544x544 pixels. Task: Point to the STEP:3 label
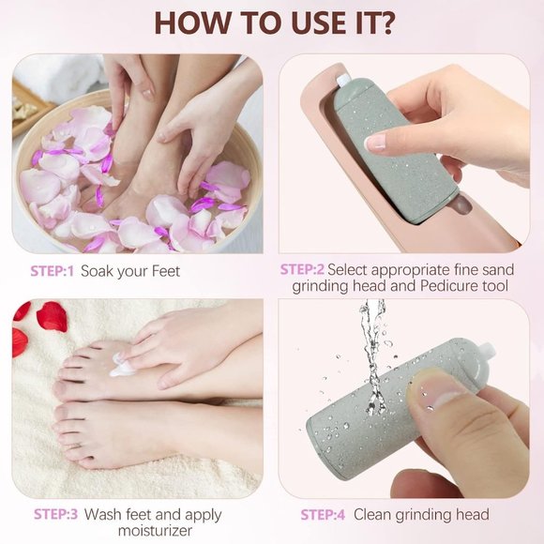(x=55, y=514)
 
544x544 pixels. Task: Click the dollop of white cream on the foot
(x=122, y=368)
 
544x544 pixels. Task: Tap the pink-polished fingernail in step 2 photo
(x=375, y=143)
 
